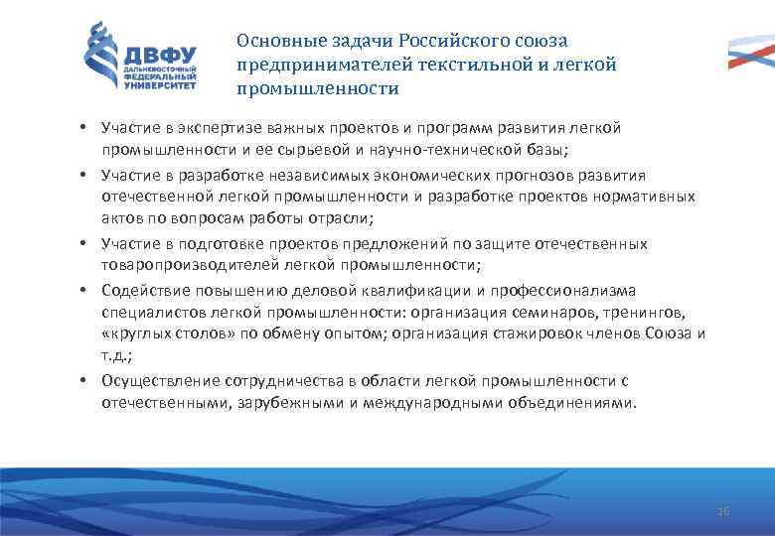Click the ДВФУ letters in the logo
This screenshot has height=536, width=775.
click(x=160, y=53)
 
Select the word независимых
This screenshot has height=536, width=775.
click(x=309, y=175)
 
